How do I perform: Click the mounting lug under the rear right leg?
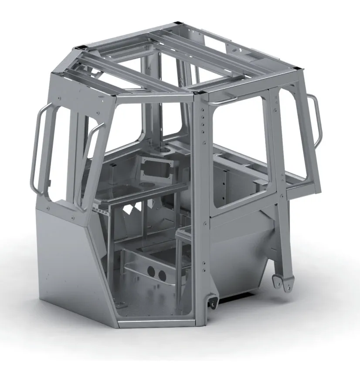(x=281, y=283)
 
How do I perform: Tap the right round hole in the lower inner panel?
(x=162, y=275)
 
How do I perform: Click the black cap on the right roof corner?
(x=297, y=67)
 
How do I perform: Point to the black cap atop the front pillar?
(x=200, y=92)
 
